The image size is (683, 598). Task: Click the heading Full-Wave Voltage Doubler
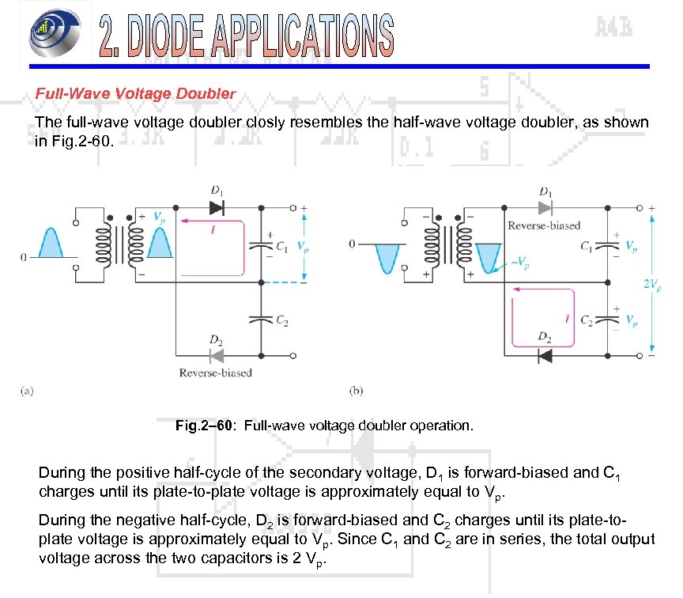tap(135, 93)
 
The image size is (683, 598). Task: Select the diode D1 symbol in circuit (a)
tap(217, 207)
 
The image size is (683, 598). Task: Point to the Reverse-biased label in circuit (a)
tap(215, 373)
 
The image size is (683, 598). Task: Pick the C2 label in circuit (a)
tap(281, 320)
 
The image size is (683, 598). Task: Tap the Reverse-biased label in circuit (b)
tap(544, 225)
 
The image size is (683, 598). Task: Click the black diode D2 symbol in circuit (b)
tap(544, 355)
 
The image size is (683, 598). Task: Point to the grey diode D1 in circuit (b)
tap(545, 207)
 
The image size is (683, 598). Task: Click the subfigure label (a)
tap(28, 391)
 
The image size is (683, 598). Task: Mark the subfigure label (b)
tap(357, 391)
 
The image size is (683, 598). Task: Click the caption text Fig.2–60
tap(204, 426)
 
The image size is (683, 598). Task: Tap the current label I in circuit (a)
tap(213, 229)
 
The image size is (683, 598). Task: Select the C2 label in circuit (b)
tap(587, 320)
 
